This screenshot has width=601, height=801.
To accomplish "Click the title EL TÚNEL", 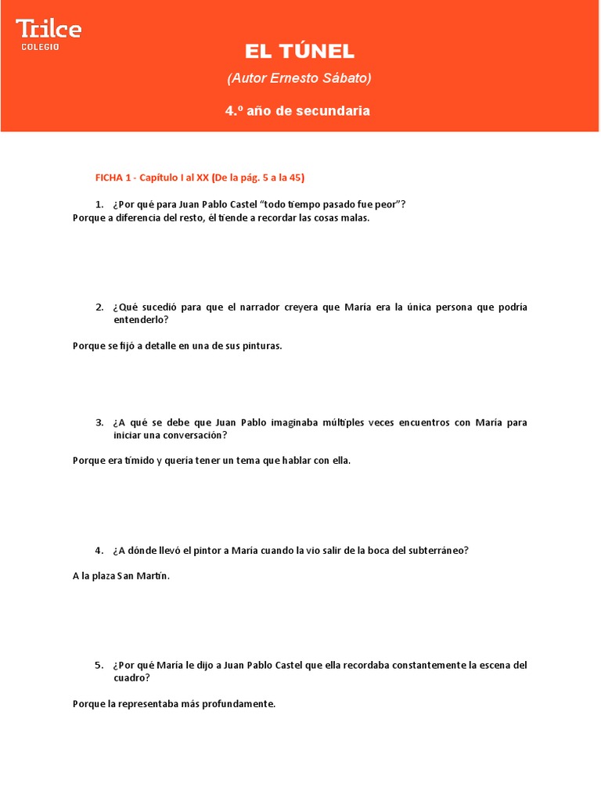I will [x=300, y=52].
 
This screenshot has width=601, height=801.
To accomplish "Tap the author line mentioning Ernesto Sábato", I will [x=300, y=78].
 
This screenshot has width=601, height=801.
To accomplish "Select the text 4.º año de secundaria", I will [x=297, y=111].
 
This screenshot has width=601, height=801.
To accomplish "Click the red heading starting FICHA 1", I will [x=200, y=178].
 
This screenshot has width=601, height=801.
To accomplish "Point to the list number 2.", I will [x=99, y=307].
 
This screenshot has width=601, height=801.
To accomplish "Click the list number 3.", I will [x=99, y=422].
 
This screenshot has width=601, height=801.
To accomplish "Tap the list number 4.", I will [x=99, y=550].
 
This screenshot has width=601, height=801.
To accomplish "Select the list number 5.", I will [x=99, y=665].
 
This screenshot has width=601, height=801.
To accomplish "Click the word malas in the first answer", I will [x=353, y=218].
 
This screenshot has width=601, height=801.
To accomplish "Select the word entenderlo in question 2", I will [x=140, y=320].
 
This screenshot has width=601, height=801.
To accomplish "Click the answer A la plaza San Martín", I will [x=121, y=576].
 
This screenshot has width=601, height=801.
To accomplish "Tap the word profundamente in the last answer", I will [x=240, y=704].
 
